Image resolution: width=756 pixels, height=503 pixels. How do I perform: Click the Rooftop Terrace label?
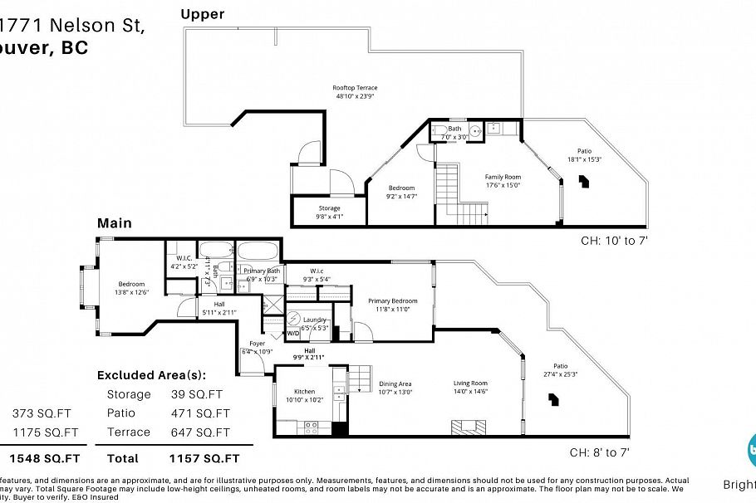point(355,87)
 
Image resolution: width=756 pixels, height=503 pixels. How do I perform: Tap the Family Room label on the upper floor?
point(503,177)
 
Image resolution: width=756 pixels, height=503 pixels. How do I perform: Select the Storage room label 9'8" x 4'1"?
point(330,208)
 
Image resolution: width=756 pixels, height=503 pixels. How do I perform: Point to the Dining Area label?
point(395,383)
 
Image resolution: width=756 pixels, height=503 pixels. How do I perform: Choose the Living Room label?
point(470,383)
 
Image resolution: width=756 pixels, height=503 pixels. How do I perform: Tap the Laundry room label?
point(314,319)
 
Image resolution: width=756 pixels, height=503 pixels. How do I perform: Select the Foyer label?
point(258,344)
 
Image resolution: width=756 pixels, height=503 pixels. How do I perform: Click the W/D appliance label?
point(292,334)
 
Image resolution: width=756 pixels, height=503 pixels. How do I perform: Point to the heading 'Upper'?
point(204,14)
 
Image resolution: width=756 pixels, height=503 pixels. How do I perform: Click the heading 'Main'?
point(115,223)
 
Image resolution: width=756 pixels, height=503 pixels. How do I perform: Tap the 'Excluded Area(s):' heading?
point(151,375)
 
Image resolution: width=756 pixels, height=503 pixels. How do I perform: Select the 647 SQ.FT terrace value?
point(199,432)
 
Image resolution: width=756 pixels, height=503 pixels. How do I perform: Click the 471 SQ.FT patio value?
point(199,413)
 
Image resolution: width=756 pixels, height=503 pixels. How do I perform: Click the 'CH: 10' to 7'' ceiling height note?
point(614,241)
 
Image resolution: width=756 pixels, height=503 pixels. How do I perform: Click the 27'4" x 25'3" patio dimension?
point(560,374)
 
